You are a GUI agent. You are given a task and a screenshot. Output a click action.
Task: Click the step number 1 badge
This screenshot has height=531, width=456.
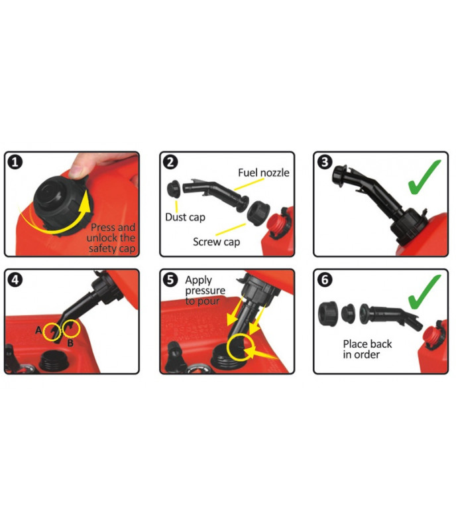click(15, 162)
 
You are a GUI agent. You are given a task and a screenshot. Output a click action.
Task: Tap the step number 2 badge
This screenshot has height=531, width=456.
click(170, 162)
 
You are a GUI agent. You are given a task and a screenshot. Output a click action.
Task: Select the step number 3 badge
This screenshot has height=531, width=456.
click(325, 162)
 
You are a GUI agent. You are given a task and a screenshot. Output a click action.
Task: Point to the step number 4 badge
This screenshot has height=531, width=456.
click(15, 279)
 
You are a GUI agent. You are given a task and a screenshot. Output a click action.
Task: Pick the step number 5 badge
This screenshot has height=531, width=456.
click(170, 279)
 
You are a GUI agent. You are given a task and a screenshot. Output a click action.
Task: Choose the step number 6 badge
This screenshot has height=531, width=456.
click(325, 279)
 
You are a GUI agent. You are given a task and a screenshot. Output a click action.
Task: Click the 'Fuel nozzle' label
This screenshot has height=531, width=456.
click(264, 173)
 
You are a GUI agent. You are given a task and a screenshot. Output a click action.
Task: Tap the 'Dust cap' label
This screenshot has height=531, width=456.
click(185, 218)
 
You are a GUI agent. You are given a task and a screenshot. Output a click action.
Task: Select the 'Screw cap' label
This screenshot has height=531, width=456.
click(217, 242)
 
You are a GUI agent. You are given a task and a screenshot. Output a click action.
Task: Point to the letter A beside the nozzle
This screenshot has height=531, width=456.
click(38, 330)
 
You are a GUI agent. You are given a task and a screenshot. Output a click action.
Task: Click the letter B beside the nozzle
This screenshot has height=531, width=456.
click(70, 343)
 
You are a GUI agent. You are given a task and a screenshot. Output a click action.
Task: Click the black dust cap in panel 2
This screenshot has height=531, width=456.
click(174, 190)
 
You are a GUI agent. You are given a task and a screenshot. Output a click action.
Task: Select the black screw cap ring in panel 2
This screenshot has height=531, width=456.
click(258, 213)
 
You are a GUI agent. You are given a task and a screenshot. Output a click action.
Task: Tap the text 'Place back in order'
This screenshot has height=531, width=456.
click(367, 349)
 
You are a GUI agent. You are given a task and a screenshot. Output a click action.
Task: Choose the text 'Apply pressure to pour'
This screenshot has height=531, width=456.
click(205, 291)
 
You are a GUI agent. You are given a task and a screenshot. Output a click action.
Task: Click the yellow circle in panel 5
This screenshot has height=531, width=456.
click(240, 347)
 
